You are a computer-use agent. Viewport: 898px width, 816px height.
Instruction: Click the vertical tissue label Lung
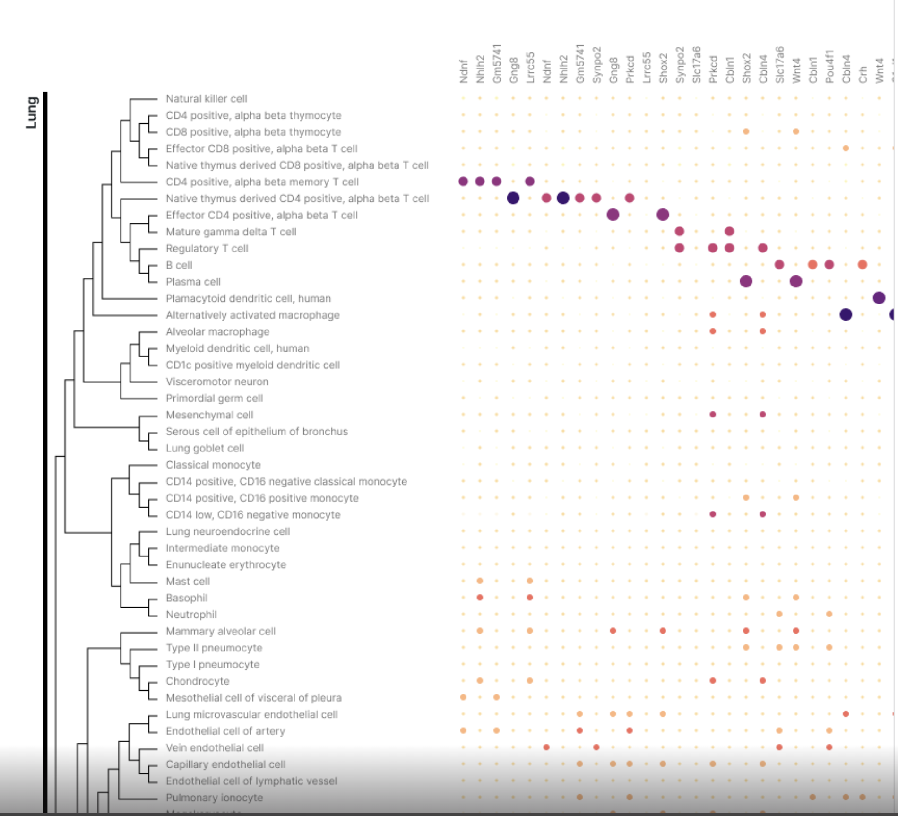pos(31,113)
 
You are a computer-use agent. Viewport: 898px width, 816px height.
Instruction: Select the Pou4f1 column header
pos(829,67)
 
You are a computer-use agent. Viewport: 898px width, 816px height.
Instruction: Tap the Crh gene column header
pos(863,74)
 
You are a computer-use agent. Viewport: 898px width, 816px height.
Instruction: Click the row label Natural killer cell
pos(206,99)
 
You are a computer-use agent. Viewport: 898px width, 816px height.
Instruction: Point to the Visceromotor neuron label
pos(217,382)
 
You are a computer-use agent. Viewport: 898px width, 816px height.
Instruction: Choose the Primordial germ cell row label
pos(214,398)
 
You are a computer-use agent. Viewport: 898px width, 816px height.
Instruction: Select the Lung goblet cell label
pos(205,448)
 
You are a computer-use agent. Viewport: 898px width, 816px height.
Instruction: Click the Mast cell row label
pos(188,581)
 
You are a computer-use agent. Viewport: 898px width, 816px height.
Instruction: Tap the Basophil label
pos(186,598)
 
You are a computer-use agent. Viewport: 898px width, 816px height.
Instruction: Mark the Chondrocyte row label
pos(198,681)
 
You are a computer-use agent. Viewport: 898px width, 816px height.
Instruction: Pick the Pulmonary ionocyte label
pos(214,798)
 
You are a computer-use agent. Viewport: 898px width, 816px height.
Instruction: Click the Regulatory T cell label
pos(207,248)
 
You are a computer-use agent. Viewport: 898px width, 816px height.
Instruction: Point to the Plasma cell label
pos(193,282)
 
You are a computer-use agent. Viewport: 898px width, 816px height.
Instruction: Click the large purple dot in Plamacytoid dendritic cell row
pos(879,298)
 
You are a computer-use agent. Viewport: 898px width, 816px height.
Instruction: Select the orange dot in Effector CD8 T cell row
pos(846,148)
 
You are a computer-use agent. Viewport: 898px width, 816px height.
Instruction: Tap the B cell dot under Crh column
pos(863,265)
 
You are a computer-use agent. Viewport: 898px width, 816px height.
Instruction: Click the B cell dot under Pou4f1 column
pos(829,265)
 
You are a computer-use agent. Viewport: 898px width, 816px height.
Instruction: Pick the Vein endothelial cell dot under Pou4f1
pos(829,747)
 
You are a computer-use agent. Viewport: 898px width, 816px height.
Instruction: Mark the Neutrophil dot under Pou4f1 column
pos(829,614)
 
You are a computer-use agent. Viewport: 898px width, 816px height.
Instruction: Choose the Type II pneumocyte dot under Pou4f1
pos(829,648)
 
